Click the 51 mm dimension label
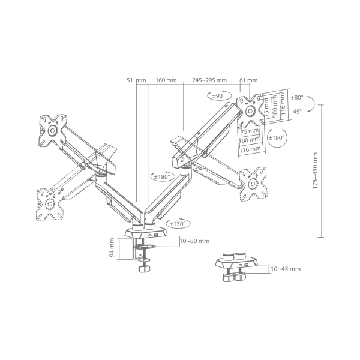click(x=133, y=80)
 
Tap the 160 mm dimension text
click(x=161, y=80)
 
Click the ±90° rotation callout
click(x=217, y=95)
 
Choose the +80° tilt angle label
click(x=297, y=96)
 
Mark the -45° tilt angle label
click(x=297, y=111)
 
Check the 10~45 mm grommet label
click(x=287, y=269)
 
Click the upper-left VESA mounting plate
click(x=52, y=130)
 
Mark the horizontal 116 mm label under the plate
click(x=250, y=148)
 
